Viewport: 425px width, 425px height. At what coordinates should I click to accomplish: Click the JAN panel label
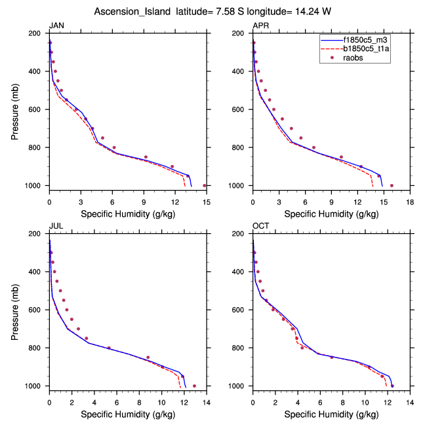pos(56,26)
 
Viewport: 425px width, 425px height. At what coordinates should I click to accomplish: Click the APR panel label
pos(260,26)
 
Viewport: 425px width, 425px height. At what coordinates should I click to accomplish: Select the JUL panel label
pos(56,226)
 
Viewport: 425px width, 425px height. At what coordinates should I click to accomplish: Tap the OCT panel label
pos(261,226)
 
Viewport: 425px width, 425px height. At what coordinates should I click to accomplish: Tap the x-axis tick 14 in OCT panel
pos(410,396)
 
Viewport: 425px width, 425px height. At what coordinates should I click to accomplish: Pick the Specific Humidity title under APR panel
pos(331,213)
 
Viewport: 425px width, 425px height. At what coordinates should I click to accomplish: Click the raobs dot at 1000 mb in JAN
pos(205,185)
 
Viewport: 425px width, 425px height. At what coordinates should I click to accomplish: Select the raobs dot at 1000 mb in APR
pos(392,185)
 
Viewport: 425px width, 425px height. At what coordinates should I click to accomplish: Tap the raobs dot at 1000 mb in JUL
pos(194,386)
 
